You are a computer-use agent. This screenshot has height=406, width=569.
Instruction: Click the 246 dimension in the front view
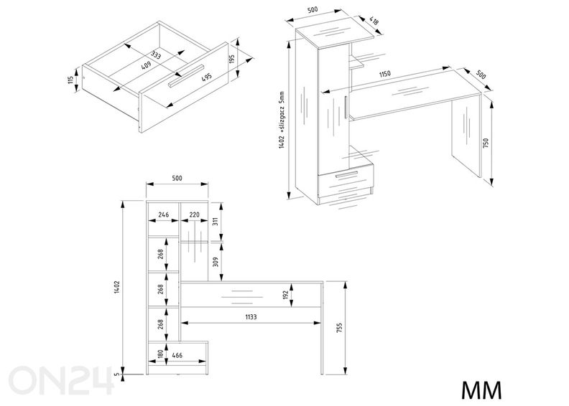point(163,214)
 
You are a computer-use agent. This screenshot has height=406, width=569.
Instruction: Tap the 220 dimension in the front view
point(194,214)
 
